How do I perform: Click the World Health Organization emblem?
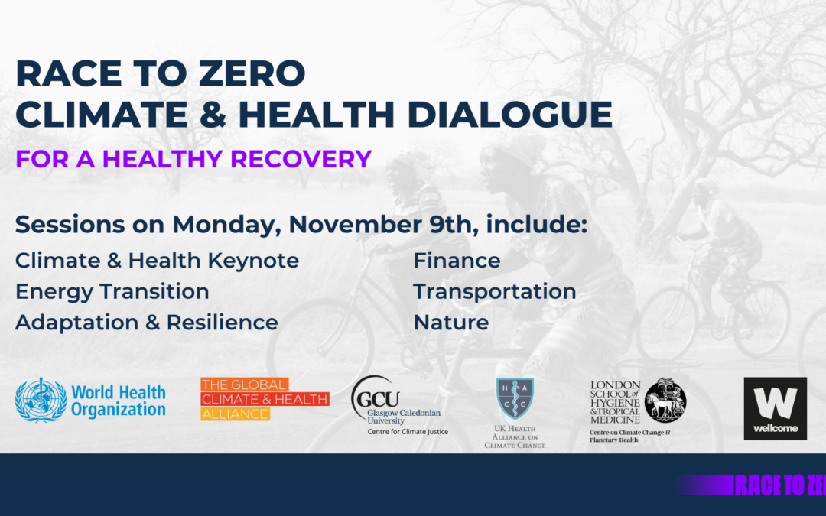(x=41, y=400)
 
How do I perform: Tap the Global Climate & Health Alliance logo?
(x=265, y=399)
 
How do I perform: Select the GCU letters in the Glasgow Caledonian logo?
(x=376, y=398)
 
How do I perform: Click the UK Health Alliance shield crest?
(x=515, y=398)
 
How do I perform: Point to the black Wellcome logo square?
(x=775, y=408)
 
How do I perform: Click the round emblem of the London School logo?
(x=665, y=399)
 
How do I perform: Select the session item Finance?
(x=457, y=261)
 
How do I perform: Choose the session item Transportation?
(x=494, y=291)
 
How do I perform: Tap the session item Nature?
(x=450, y=322)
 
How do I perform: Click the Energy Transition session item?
(x=112, y=291)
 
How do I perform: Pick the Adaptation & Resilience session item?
(x=146, y=322)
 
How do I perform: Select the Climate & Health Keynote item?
(x=157, y=261)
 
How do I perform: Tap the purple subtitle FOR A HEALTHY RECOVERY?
(x=193, y=158)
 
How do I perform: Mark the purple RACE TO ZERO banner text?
(x=779, y=485)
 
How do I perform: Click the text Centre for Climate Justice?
(x=408, y=432)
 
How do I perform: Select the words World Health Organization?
(x=119, y=401)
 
